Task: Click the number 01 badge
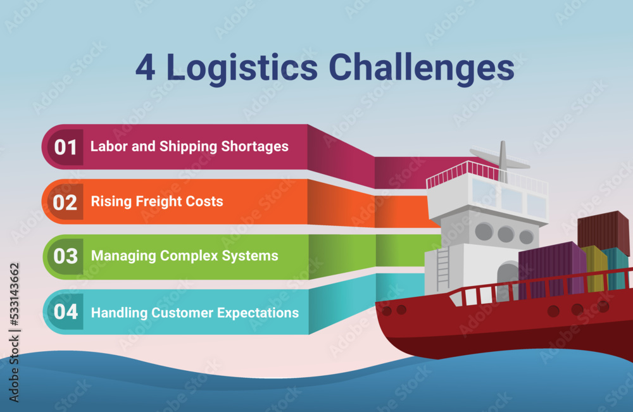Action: point(66,147)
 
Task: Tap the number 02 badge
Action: point(66,202)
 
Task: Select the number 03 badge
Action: point(66,256)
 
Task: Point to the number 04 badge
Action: point(66,312)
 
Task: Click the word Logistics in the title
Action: point(242,69)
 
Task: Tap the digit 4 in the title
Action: point(145,69)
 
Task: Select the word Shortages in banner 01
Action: point(255,147)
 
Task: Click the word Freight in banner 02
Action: point(161,202)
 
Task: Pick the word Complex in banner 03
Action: point(187,256)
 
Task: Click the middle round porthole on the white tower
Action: point(505,234)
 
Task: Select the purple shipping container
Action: point(551,269)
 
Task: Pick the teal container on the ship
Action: point(616,266)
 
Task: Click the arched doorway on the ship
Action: point(508,280)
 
